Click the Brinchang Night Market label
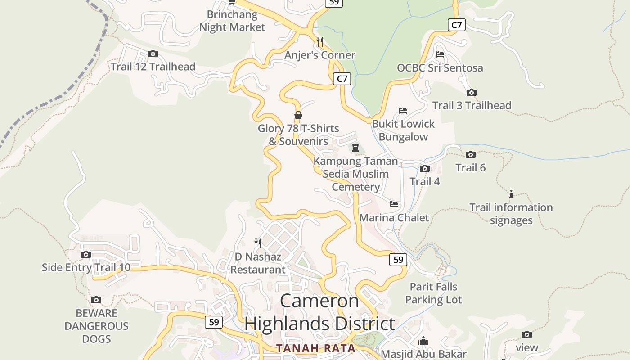pos(232,21)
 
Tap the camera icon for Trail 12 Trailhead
pos(153,54)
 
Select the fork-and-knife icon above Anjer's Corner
pos(320,42)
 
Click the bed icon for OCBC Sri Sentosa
pos(440,54)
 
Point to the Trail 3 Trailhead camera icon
pos(471,93)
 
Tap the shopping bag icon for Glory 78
pos(298,116)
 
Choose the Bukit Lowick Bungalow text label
pos(403,130)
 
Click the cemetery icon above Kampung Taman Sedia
pos(355,148)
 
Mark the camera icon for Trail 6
pos(471,155)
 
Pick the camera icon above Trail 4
pos(424,169)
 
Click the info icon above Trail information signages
pos(511,194)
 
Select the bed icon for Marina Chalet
pos(394,204)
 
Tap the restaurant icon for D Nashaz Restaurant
pos(258,243)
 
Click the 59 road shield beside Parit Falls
pos(398,260)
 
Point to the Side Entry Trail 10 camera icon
pos(86,255)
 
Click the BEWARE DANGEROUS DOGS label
pos(96,326)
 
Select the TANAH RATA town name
pos(316,348)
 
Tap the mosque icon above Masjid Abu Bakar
pos(423,341)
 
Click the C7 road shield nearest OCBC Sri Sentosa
pos(456,25)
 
